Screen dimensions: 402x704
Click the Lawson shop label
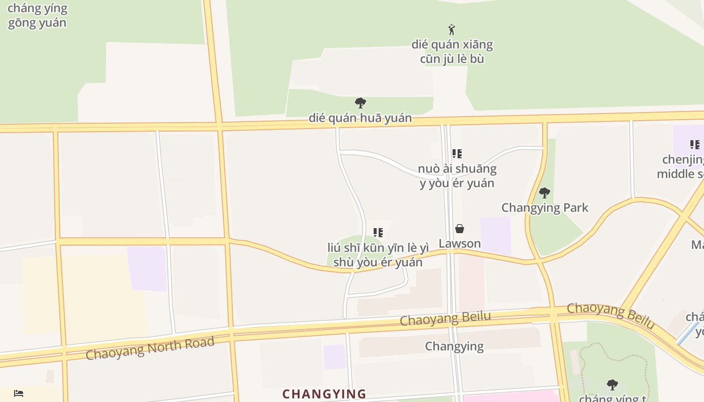[460, 244]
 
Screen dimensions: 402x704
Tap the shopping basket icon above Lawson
[460, 229]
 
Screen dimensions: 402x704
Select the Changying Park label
[545, 208]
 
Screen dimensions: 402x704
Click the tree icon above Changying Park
[544, 193]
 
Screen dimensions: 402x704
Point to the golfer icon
[452, 30]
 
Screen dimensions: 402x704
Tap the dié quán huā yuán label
[360, 118]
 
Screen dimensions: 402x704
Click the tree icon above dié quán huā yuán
[360, 104]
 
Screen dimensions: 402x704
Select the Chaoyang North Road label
[150, 348]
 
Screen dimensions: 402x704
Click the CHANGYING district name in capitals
[324, 394]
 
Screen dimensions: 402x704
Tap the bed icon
[19, 393]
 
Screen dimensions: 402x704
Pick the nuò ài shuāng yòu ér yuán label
[457, 175]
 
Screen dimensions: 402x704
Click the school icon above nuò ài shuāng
[457, 154]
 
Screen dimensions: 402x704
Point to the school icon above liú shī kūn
[378, 233]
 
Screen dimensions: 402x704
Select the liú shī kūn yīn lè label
[378, 255]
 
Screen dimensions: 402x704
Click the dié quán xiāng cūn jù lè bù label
[452, 52]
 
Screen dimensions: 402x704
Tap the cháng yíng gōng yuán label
[37, 16]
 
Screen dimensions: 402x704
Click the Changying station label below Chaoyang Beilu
[454, 346]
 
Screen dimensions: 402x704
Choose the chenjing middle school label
[681, 167]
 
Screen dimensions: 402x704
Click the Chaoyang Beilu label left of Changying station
[445, 319]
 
